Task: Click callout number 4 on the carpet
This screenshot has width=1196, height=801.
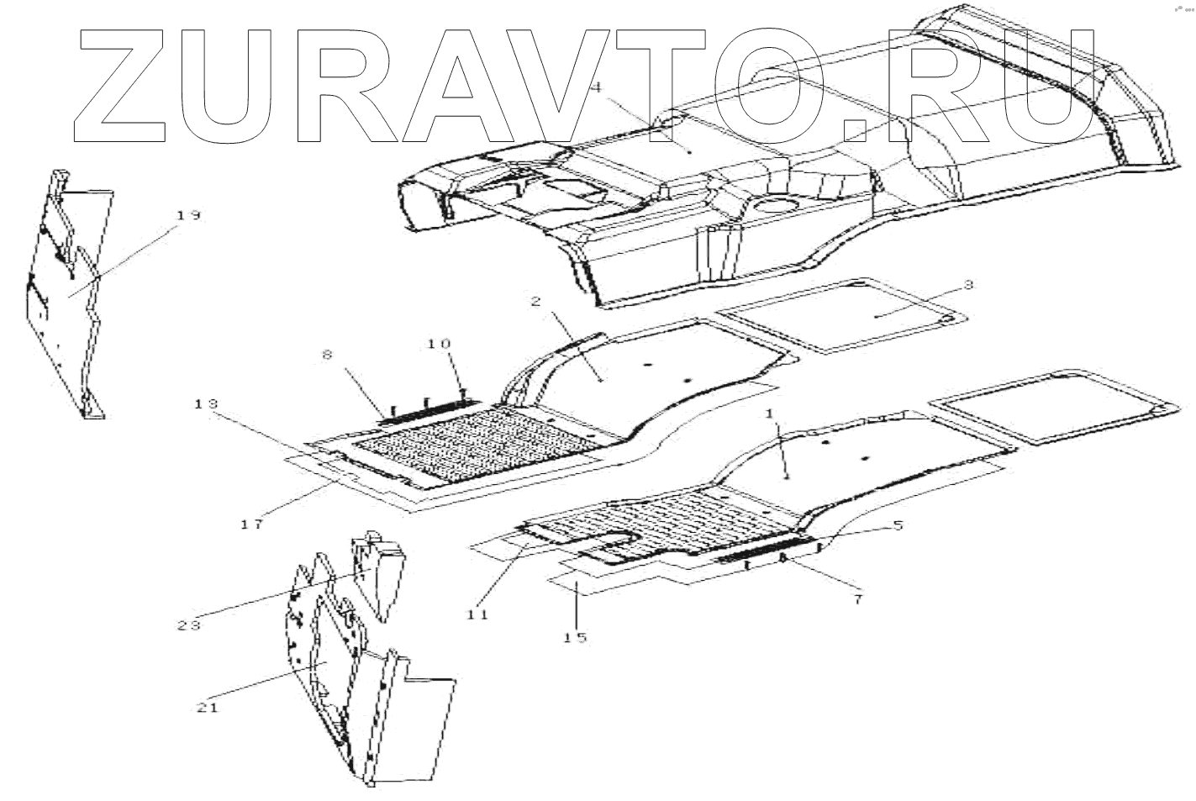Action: pyautogui.click(x=598, y=87)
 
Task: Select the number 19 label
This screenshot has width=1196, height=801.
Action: pyautogui.click(x=188, y=216)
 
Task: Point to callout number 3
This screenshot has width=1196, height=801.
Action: pyautogui.click(x=967, y=285)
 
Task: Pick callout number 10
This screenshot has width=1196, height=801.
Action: pyautogui.click(x=439, y=344)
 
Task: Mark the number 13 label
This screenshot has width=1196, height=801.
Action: pyautogui.click(x=206, y=404)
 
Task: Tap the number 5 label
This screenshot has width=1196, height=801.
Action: pyautogui.click(x=898, y=526)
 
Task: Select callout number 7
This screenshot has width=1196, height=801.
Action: pyautogui.click(x=857, y=599)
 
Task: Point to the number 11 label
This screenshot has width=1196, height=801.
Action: pyautogui.click(x=477, y=614)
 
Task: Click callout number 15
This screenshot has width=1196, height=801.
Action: pyautogui.click(x=575, y=637)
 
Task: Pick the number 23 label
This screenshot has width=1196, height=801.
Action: pyautogui.click(x=188, y=625)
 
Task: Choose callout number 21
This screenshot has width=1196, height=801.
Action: pyautogui.click(x=208, y=707)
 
